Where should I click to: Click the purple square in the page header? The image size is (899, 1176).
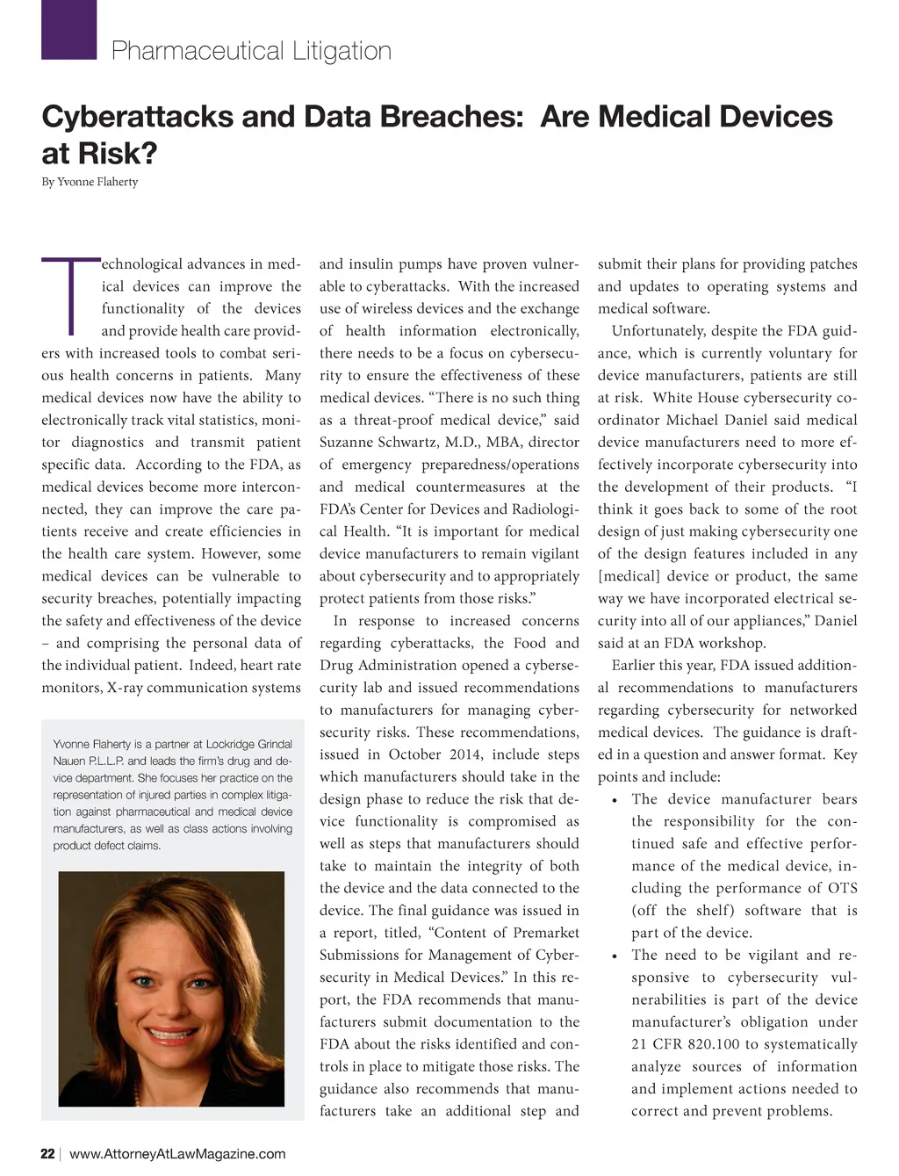68,30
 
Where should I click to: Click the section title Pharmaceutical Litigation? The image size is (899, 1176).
251,51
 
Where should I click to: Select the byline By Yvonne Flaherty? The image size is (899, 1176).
90,182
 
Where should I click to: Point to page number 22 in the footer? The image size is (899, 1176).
47,1153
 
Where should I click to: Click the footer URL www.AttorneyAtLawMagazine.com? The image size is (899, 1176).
177,1153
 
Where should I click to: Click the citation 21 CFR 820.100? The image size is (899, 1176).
687,1044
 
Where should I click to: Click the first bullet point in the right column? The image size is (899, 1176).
615,800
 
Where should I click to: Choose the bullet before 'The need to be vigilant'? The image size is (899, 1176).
615,956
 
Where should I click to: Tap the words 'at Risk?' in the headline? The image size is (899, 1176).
99,154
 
